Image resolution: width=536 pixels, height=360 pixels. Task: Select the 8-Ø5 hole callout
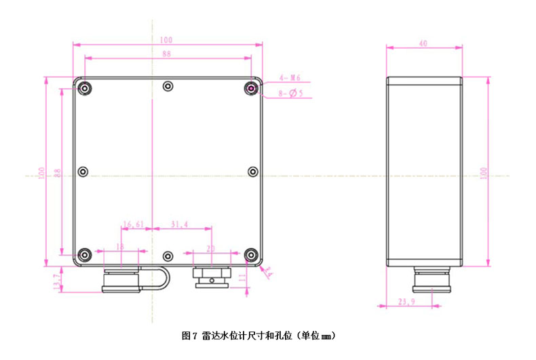290,94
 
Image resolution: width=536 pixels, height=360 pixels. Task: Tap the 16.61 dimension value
134,224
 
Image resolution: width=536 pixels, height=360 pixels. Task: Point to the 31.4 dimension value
180,224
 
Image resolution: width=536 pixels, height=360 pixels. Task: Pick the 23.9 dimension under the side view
406,302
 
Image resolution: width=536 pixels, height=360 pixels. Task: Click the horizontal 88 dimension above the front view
167,54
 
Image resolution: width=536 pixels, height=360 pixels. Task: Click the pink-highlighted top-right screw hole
252,88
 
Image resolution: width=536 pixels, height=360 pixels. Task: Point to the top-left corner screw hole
84,88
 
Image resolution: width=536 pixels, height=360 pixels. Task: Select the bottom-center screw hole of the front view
168,256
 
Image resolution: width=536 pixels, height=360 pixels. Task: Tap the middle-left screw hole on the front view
83,172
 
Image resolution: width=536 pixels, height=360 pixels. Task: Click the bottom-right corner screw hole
252,255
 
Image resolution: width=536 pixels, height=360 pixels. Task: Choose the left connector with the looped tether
120,279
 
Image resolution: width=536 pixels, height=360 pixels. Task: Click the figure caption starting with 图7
259,335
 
